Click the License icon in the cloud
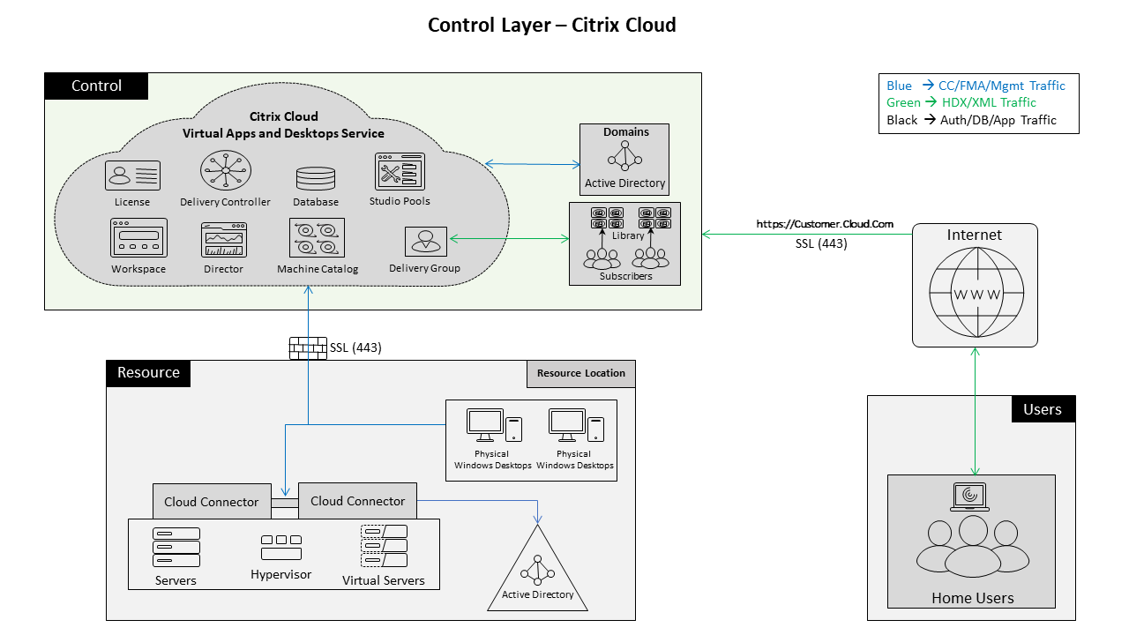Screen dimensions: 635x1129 [132, 176]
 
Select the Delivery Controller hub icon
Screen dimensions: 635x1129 [225, 170]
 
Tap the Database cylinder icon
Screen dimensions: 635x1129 [316, 178]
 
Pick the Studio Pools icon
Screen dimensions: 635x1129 [400, 172]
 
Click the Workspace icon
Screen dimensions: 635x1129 [138, 238]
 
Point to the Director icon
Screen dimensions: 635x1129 [224, 240]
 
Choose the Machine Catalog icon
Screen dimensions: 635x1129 [317, 238]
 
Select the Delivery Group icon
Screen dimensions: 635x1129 [425, 242]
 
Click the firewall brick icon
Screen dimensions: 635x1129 [308, 348]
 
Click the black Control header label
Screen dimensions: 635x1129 [96, 86]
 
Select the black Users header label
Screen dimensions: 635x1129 [1043, 409]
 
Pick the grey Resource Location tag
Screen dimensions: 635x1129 [580, 373]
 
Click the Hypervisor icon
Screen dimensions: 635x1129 [280, 547]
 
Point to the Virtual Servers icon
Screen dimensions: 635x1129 [384, 547]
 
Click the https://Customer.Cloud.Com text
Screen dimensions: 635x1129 [824, 224]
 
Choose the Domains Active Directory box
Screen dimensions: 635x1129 [624, 159]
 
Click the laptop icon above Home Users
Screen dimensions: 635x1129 [970, 497]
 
